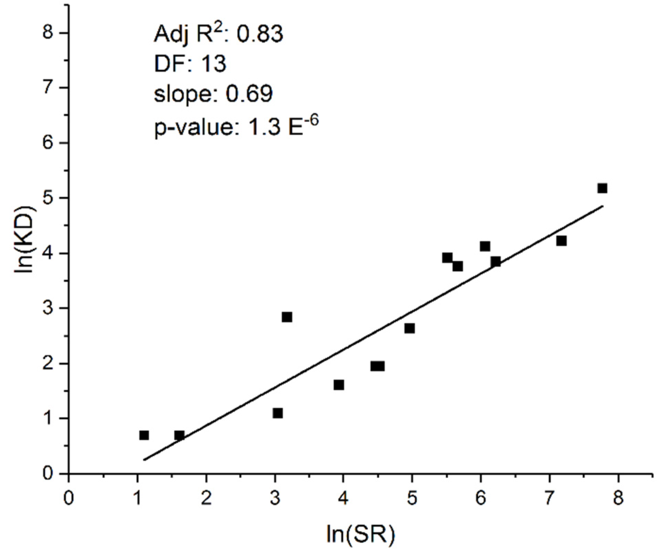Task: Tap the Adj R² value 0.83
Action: (260, 34)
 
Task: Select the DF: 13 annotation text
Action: (190, 64)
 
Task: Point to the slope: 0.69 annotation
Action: (213, 94)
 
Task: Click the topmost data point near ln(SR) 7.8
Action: (602, 188)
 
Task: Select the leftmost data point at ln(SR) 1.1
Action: (144, 435)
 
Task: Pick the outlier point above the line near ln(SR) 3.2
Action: (287, 317)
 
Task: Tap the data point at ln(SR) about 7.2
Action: (561, 241)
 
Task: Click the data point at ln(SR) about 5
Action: (409, 328)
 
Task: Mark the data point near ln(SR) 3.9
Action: (339, 385)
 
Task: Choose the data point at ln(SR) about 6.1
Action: (485, 246)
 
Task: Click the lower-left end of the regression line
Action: (145, 460)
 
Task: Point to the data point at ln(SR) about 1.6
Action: (179, 435)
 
